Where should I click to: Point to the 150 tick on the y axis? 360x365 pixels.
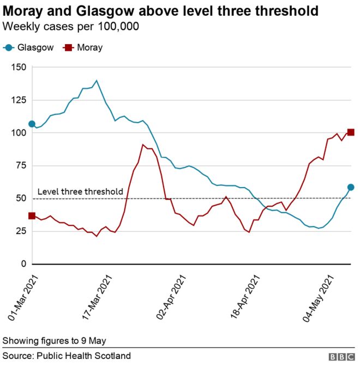(x=20, y=67)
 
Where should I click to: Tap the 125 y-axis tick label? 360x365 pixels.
(x=20, y=100)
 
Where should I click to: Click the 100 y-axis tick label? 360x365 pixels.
(x=20, y=133)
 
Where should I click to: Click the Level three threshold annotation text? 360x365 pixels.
(x=80, y=192)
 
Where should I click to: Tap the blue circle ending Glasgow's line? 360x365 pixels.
(x=351, y=187)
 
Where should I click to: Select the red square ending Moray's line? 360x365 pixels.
(x=351, y=132)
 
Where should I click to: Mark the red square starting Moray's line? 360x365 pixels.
(x=32, y=216)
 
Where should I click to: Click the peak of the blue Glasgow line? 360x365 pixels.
(x=97, y=81)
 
